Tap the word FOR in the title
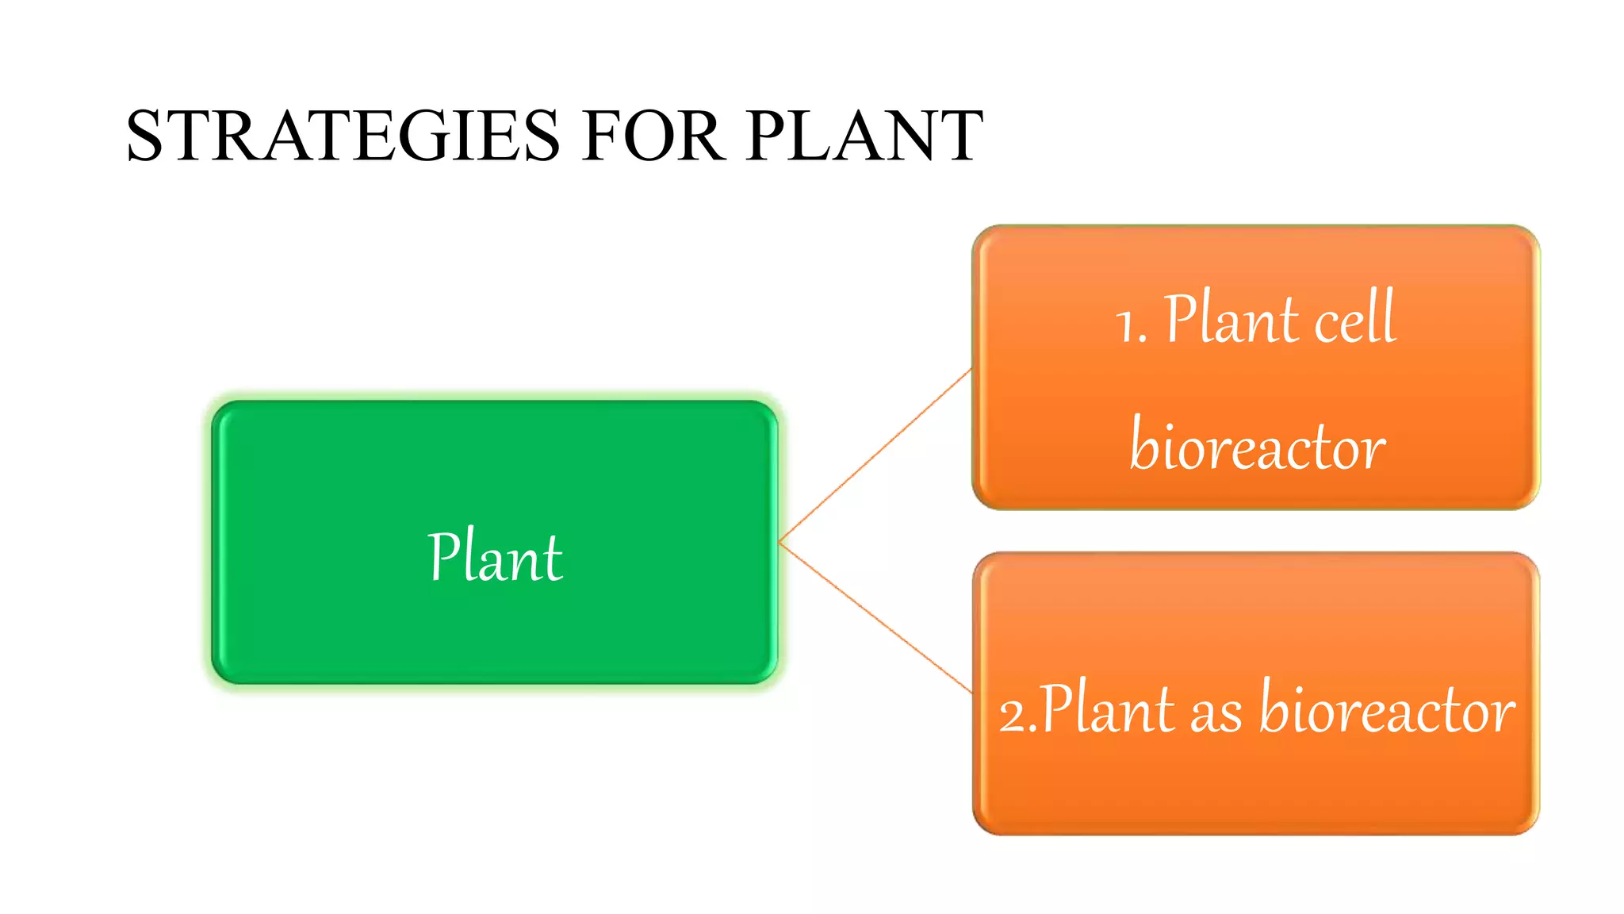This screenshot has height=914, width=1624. tap(652, 136)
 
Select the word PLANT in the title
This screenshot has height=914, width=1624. tap(864, 136)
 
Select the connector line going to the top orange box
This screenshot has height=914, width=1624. tap(875, 455)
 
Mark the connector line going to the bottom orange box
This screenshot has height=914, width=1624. tap(875, 617)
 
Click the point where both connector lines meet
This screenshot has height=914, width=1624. tap(780, 543)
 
